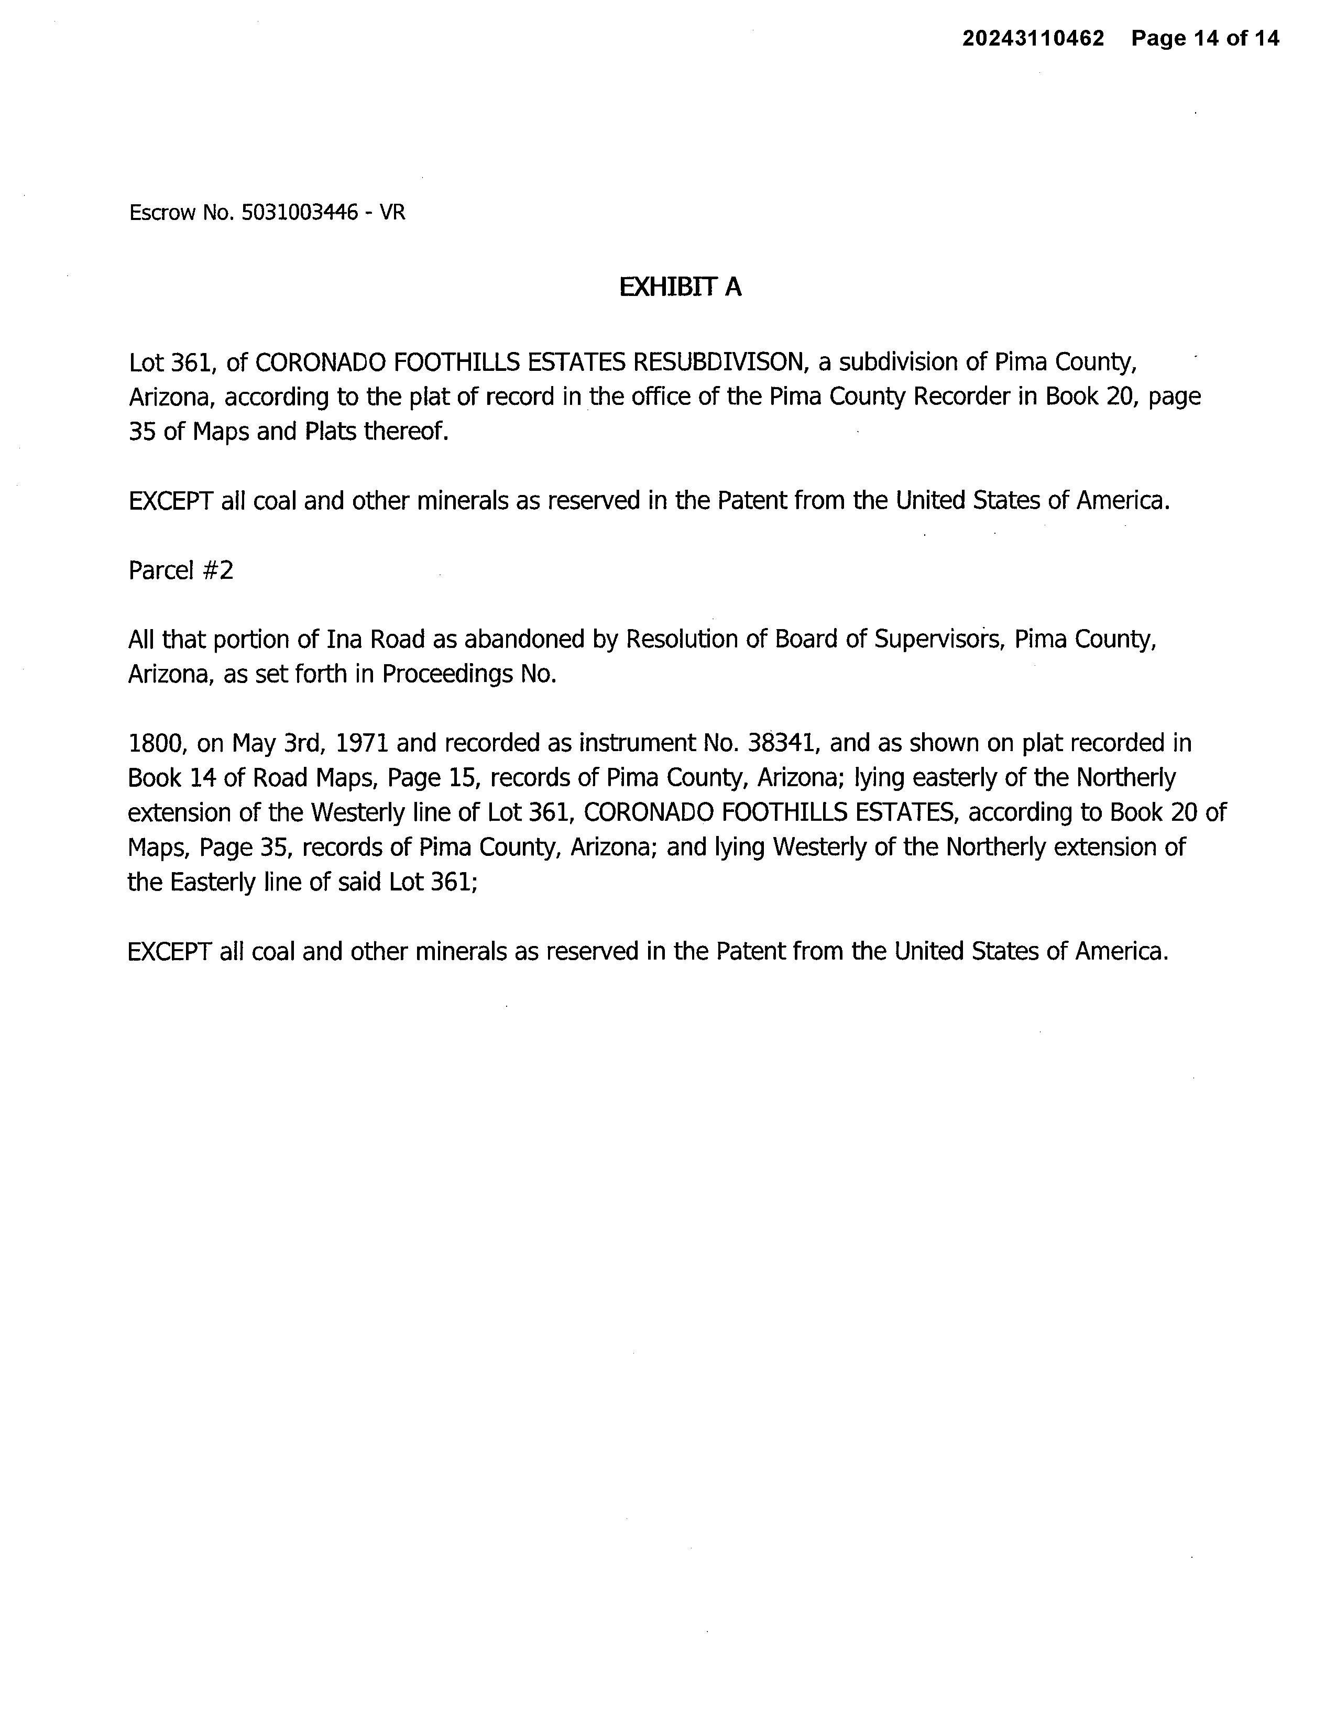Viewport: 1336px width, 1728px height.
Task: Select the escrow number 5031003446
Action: coord(299,212)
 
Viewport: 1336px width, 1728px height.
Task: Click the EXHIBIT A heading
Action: coord(680,287)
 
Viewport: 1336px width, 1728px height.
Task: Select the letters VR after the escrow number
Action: coord(392,212)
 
